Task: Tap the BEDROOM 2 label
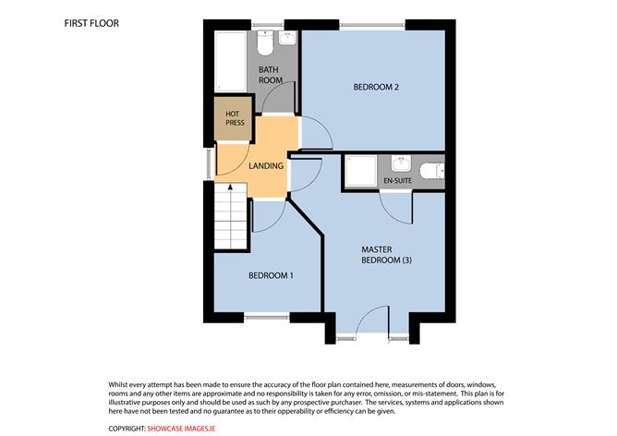pos(376,88)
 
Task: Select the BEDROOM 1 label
pos(271,276)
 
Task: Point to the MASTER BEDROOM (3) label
pos(385,255)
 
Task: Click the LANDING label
pos(266,166)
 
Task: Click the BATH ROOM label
pos(270,75)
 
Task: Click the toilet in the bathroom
pos(265,43)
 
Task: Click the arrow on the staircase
pos(231,190)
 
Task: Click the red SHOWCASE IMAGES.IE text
pos(181,429)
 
